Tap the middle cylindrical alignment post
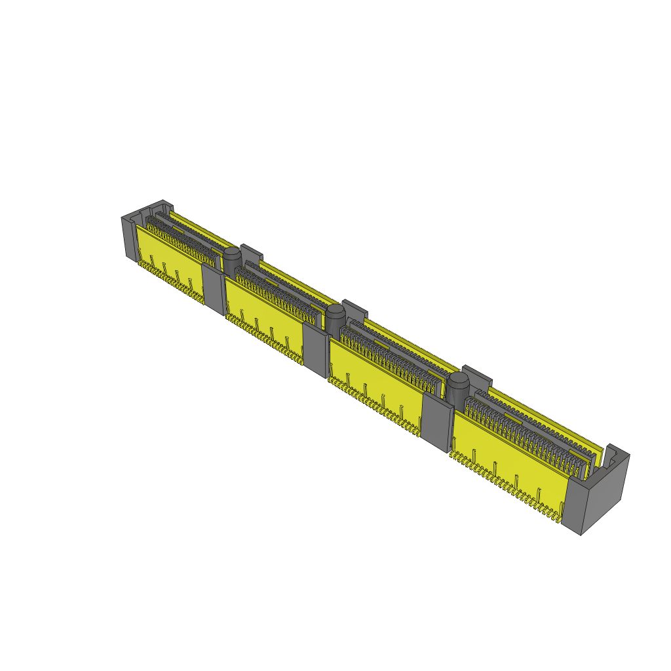click(335, 317)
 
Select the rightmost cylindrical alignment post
click(458, 387)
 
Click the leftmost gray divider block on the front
click(214, 288)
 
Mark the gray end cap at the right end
click(600, 495)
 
